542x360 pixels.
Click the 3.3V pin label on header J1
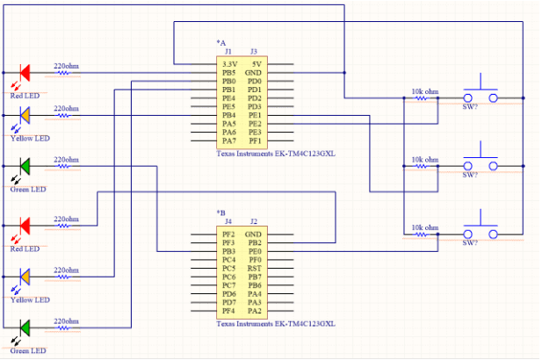[228, 64]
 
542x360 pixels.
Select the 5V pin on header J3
[254, 64]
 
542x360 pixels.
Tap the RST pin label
[254, 269]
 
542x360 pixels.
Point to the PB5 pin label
[228, 73]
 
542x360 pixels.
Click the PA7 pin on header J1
[228, 140]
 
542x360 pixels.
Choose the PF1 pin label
[254, 140]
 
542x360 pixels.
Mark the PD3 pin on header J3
[254, 106]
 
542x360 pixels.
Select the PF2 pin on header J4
[228, 234]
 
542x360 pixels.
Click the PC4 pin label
[228, 260]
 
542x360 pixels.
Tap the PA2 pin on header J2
[254, 311]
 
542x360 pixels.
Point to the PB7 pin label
[254, 277]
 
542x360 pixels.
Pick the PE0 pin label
[254, 251]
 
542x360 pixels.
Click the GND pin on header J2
[254, 234]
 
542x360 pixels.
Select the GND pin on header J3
[254, 73]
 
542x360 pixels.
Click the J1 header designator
[228, 52]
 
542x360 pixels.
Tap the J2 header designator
[254, 222]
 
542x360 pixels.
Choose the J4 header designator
[228, 222]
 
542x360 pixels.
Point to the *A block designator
[220, 43]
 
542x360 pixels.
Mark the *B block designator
[220, 212]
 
